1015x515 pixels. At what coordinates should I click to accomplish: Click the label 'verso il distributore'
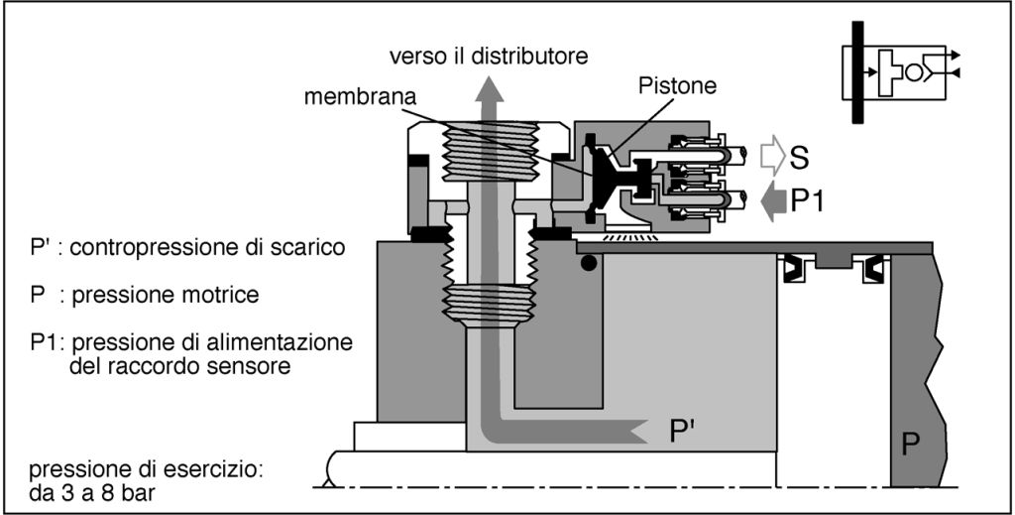[x=489, y=56]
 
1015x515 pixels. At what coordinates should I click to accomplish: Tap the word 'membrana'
[x=360, y=97]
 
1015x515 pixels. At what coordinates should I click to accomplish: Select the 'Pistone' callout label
[x=677, y=85]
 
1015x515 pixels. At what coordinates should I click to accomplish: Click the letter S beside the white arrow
[x=800, y=158]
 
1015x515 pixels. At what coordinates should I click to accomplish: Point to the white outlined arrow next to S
[x=771, y=157]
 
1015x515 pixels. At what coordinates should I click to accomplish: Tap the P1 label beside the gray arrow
[x=807, y=201]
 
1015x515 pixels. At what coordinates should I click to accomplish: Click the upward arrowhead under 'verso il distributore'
[x=490, y=87]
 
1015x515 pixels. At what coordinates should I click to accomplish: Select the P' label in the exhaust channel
[x=682, y=432]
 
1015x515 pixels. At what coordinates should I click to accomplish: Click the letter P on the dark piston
[x=911, y=445]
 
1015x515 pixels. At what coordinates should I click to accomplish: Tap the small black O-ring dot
[x=589, y=263]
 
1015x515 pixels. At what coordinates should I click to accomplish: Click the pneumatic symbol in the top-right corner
[x=900, y=71]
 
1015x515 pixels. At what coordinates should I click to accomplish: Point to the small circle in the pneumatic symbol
[x=913, y=72]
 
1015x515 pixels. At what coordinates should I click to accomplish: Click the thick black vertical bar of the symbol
[x=857, y=71]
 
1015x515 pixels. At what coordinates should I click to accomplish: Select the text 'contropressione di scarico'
[x=207, y=248]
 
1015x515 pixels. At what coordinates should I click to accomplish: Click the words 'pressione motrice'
[x=166, y=295]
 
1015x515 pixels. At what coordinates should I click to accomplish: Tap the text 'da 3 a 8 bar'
[x=92, y=493]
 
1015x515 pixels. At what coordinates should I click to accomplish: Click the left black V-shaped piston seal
[x=794, y=269]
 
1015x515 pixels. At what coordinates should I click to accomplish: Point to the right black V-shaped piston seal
[x=872, y=269]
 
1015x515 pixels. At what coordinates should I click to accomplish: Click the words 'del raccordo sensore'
[x=179, y=366]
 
